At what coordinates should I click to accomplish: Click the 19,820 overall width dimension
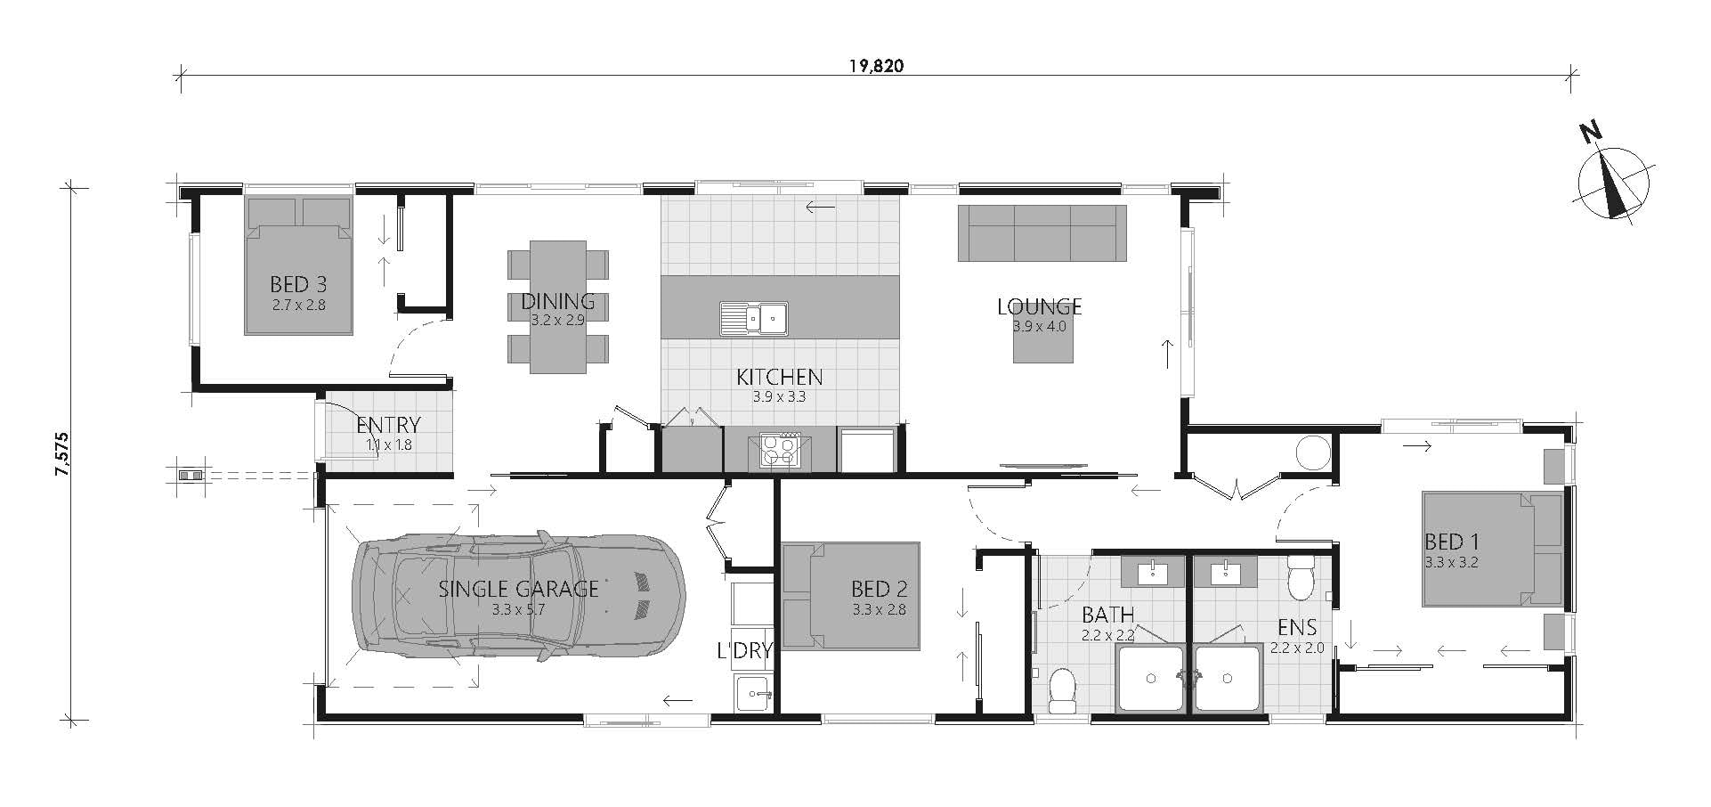click(877, 66)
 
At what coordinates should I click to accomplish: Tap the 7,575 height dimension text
click(61, 454)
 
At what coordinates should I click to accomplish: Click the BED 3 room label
click(298, 284)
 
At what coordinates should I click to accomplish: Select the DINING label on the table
click(558, 303)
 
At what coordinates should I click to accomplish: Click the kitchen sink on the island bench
click(754, 318)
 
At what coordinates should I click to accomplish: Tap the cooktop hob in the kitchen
click(780, 450)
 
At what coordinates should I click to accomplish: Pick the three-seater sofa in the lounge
click(1042, 232)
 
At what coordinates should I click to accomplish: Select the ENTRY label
click(388, 426)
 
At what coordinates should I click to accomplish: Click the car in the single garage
click(519, 598)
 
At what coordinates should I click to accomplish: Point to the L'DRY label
click(744, 651)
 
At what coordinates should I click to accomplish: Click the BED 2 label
click(879, 589)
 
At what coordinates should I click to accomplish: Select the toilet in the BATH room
click(1062, 691)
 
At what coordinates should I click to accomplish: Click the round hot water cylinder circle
click(1313, 452)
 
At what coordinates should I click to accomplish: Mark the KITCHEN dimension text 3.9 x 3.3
click(779, 397)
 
